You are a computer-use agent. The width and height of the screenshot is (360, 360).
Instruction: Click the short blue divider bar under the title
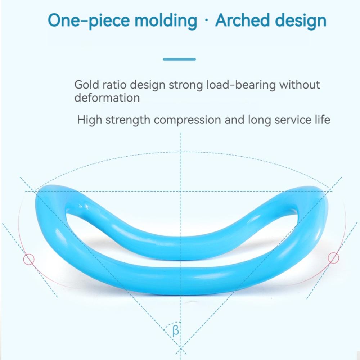(179, 59)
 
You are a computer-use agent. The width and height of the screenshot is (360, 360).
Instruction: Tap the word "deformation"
(107, 98)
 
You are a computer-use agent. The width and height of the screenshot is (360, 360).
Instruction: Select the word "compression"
(188, 120)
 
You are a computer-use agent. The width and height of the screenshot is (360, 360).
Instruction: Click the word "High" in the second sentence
(88, 120)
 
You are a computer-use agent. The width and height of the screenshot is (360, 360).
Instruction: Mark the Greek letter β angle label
(175, 330)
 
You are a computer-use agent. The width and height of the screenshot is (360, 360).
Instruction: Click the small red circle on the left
(29, 259)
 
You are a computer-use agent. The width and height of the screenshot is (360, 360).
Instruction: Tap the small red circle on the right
(334, 258)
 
